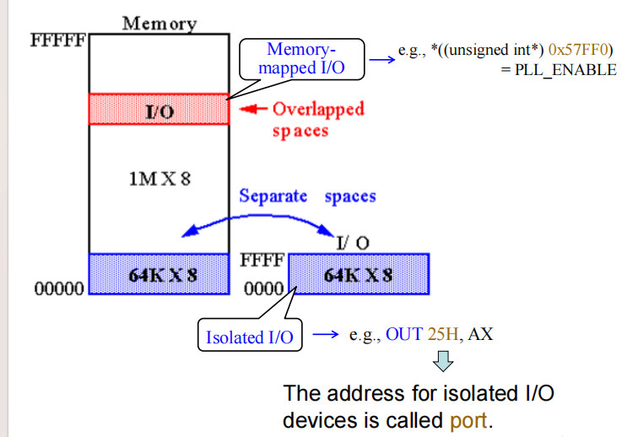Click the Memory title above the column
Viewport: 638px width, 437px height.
pos(159,23)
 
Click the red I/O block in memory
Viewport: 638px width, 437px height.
pos(159,110)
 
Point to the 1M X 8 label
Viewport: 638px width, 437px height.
pos(159,180)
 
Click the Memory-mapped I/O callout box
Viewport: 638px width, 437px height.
pos(301,58)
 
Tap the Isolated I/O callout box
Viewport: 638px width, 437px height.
pos(250,337)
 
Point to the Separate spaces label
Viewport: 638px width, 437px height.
pos(307,197)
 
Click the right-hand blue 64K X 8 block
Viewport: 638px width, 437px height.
pos(360,275)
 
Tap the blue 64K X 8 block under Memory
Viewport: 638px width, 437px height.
pos(159,274)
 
